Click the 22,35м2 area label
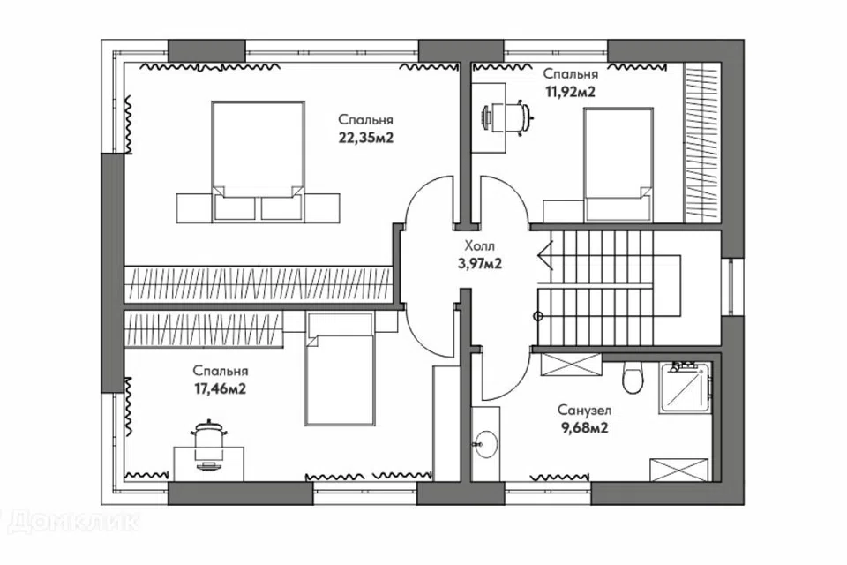click(x=365, y=138)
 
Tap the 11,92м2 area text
click(x=571, y=92)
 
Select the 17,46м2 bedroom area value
click(x=220, y=388)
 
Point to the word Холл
click(x=480, y=246)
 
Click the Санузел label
click(x=584, y=411)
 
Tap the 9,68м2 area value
click(x=585, y=428)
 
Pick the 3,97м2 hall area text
click(x=480, y=264)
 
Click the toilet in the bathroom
click(x=633, y=376)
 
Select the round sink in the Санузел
click(x=485, y=444)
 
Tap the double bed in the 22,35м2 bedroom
click(x=258, y=162)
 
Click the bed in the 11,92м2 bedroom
click(x=618, y=164)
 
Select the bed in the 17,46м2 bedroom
click(x=340, y=369)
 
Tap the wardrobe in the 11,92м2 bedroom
click(x=701, y=143)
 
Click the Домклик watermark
click(x=71, y=521)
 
